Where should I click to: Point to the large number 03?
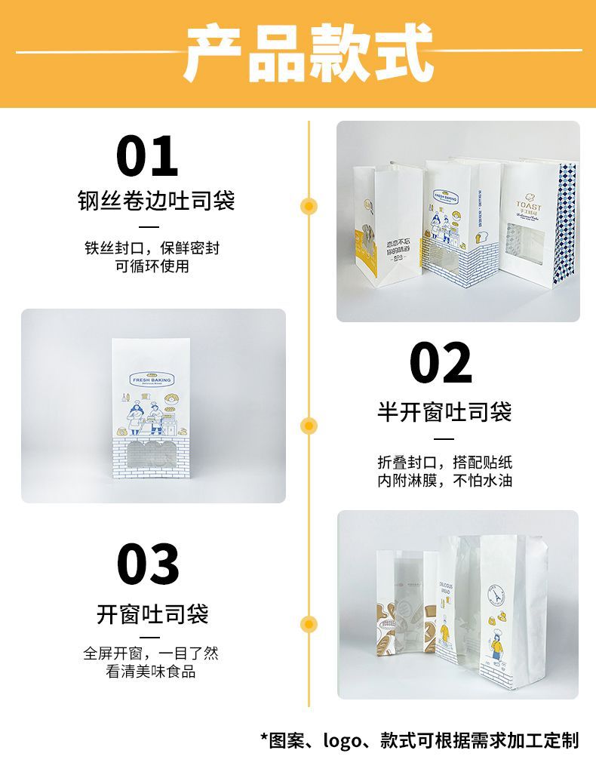pyautogui.click(x=149, y=564)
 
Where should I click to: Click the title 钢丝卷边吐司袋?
pyautogui.click(x=156, y=201)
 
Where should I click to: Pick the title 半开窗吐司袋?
pyautogui.click(x=444, y=412)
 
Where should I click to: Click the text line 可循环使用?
pyautogui.click(x=152, y=266)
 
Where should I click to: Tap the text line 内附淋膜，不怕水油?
pyautogui.click(x=444, y=480)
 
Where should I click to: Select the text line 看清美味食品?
pyautogui.click(x=152, y=672)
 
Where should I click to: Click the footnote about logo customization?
pyautogui.click(x=419, y=740)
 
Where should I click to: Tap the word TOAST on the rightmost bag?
pyautogui.click(x=527, y=204)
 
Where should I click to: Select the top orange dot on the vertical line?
pyautogui.click(x=309, y=205)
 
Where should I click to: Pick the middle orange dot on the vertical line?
pyautogui.click(x=309, y=426)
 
